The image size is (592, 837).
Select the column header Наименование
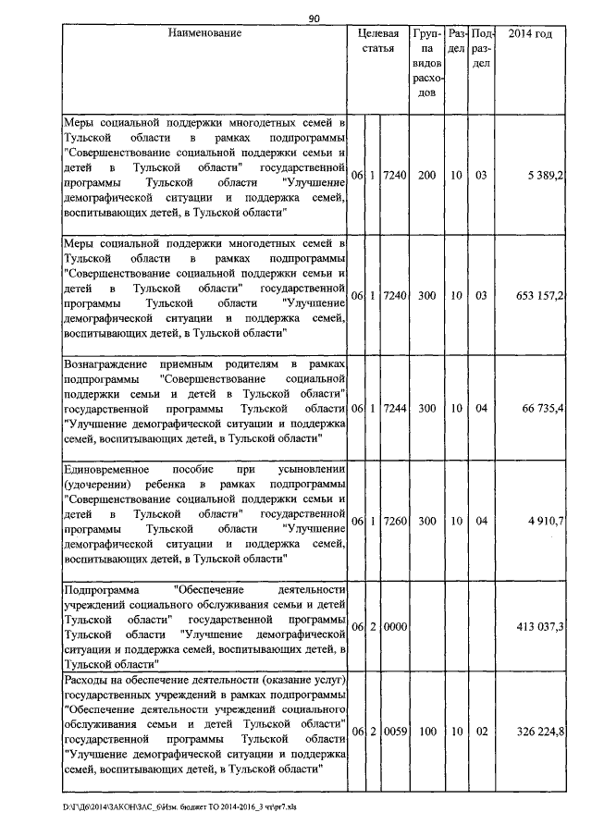click(x=205, y=33)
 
